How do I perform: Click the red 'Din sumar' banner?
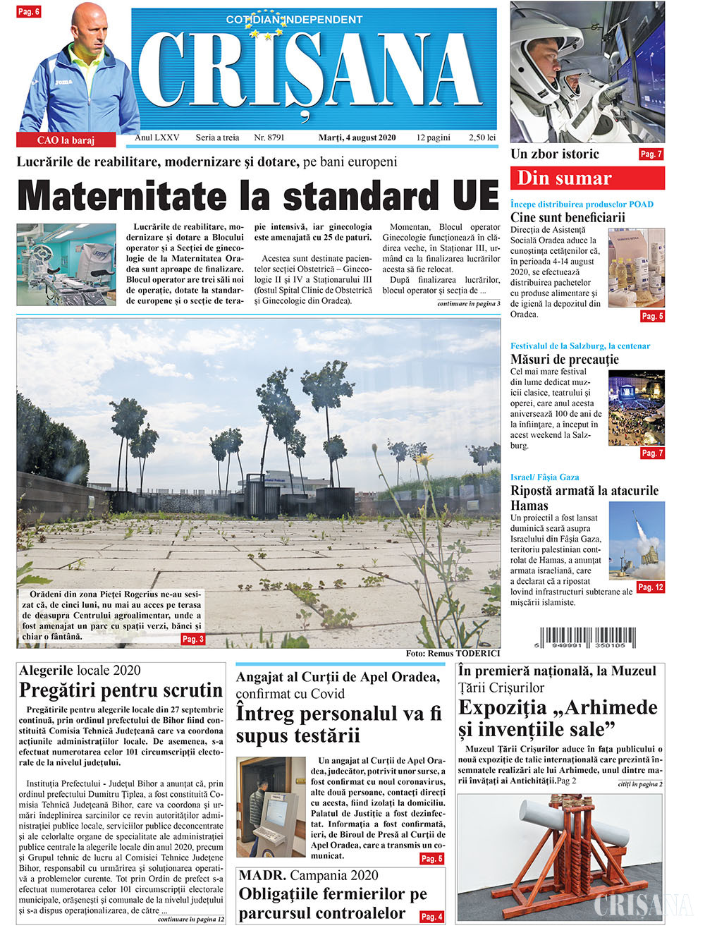pos(587,178)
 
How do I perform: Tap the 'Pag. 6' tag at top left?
pos(28,12)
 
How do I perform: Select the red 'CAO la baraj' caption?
pos(66,140)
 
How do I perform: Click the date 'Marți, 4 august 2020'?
pos(357,138)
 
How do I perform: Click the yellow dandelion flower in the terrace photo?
pos(425,459)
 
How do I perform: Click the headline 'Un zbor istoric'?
pos(554,154)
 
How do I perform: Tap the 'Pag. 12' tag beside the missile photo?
pos(649,587)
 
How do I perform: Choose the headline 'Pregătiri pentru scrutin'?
pos(121,690)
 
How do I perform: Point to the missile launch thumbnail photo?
pos(637,539)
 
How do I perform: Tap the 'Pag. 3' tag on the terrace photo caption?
pos(192,639)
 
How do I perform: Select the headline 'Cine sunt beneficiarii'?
pos(568,217)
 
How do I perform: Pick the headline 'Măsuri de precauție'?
pos(565,359)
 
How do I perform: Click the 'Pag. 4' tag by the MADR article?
pos(431,916)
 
